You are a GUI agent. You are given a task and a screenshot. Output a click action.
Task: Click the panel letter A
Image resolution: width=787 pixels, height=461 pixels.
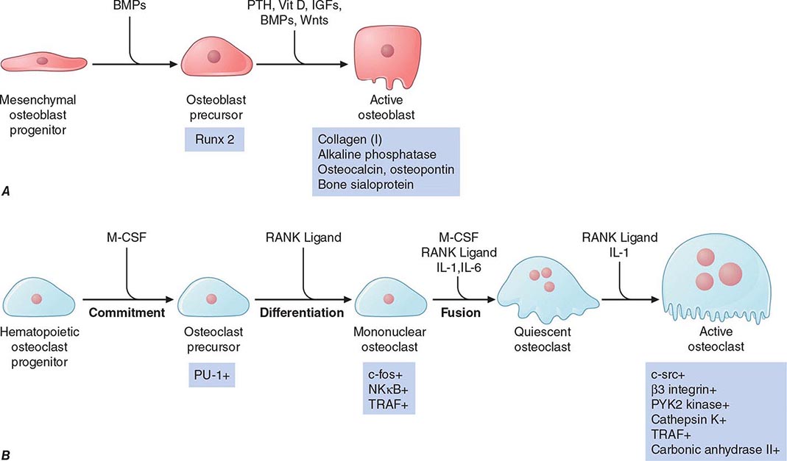pyautogui.click(x=7, y=190)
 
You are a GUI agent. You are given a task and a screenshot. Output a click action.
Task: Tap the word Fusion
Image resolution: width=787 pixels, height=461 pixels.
pyautogui.click(x=462, y=312)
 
